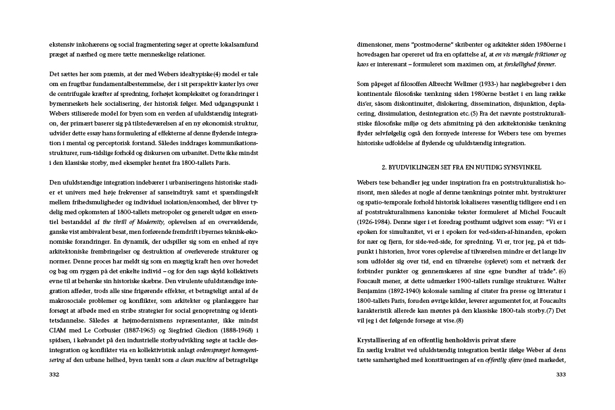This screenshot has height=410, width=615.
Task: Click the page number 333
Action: coord(560,375)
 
